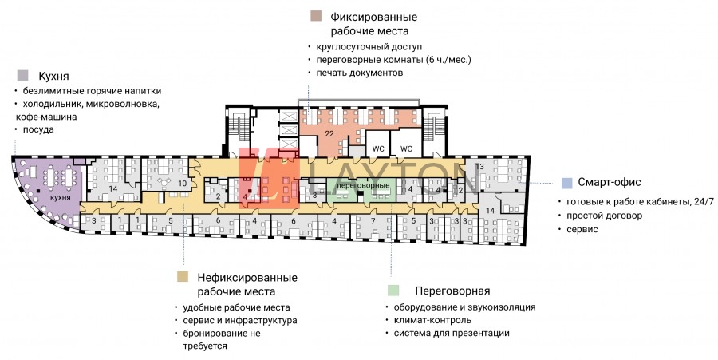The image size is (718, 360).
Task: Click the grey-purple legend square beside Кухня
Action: click(x=22, y=76)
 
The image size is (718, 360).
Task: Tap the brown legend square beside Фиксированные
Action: click(x=316, y=17)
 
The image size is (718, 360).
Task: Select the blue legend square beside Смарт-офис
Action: click(x=567, y=183)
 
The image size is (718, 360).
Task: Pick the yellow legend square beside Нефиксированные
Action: click(x=183, y=276)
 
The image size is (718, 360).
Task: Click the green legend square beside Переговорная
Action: click(x=393, y=290)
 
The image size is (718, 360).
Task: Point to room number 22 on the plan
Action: click(x=329, y=134)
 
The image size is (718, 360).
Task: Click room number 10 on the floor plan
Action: click(x=182, y=184)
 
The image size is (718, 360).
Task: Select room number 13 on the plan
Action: click(x=479, y=167)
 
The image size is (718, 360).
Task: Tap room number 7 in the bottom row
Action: click(x=373, y=221)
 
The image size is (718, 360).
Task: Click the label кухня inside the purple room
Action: click(x=61, y=198)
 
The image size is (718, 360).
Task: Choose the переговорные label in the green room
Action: click(x=363, y=185)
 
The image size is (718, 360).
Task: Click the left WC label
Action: click(x=378, y=148)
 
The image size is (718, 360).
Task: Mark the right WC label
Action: click(x=406, y=148)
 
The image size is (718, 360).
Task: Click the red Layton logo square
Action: click(x=269, y=179)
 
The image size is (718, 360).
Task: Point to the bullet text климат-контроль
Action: click(x=432, y=320)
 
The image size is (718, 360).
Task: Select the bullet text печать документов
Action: click(x=360, y=73)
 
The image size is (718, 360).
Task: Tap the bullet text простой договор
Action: click(x=605, y=216)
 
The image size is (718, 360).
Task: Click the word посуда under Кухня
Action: click(x=38, y=129)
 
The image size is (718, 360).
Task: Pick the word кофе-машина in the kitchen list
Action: click(x=46, y=117)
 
